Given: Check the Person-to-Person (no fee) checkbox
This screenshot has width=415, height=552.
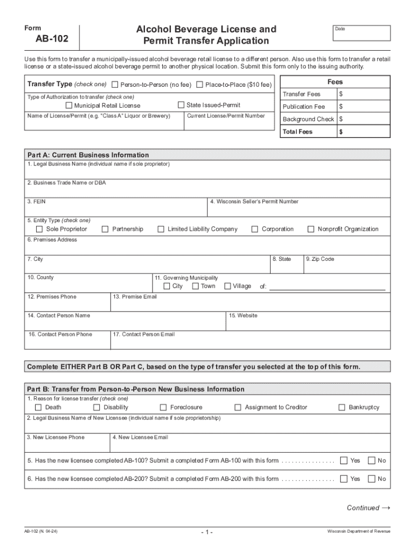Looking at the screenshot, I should click(x=115, y=85).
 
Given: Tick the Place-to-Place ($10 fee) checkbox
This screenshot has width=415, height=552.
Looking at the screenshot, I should click(x=200, y=85).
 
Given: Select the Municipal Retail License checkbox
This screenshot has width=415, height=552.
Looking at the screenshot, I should click(x=68, y=106).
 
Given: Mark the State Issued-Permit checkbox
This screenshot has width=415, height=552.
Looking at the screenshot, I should click(x=181, y=105).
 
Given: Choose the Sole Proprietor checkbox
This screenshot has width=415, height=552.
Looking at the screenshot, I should click(x=39, y=229).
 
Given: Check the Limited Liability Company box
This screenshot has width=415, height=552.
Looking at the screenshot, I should click(x=161, y=229).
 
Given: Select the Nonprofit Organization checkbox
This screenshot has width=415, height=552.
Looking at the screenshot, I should click(x=311, y=229).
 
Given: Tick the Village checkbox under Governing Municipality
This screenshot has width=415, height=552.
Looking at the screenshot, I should click(x=227, y=286).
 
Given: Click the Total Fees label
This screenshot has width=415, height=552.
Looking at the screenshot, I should click(x=298, y=132).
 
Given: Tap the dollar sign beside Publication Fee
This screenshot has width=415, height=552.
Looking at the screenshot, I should click(x=341, y=107).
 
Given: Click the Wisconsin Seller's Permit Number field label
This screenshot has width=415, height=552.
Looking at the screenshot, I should click(x=254, y=202).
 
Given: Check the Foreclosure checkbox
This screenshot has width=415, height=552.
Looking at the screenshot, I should click(x=163, y=408).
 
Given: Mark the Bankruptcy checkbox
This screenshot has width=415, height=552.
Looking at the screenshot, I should click(x=342, y=408).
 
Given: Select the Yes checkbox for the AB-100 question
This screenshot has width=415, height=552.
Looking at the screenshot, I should click(x=343, y=460).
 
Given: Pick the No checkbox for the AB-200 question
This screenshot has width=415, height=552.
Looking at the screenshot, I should click(x=371, y=479).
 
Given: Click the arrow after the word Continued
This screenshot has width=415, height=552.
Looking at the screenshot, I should click(x=385, y=507).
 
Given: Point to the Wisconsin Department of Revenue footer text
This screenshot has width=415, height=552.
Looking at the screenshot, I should click(x=359, y=532).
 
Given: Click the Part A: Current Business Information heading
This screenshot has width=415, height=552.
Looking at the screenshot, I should click(x=88, y=155).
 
